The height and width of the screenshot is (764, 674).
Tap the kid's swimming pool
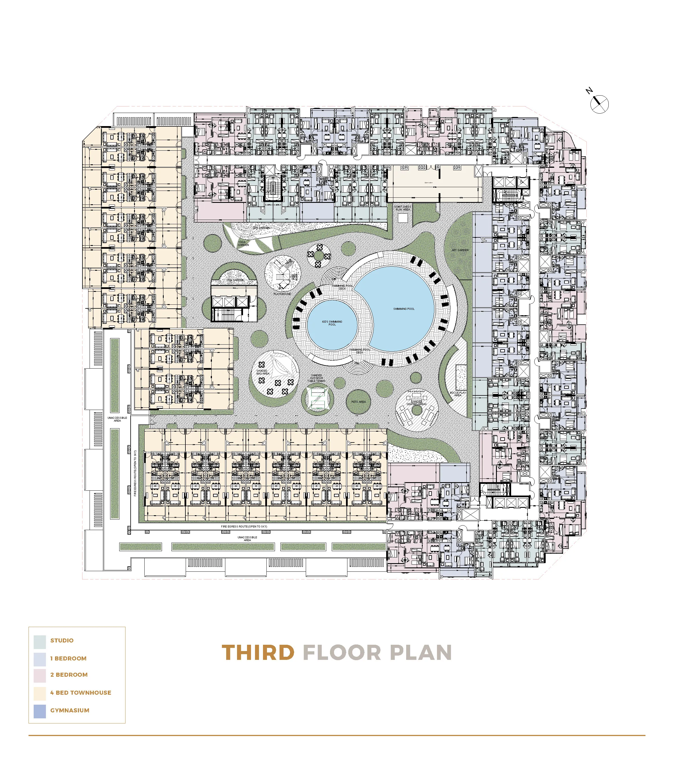[332, 324]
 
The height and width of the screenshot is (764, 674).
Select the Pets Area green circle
[358, 402]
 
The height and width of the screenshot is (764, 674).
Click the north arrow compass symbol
[599, 104]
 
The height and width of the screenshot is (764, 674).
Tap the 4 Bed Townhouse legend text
[81, 693]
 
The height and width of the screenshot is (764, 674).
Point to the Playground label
[282, 294]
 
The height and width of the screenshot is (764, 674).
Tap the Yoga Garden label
[243, 243]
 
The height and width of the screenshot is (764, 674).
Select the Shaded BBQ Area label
[262, 372]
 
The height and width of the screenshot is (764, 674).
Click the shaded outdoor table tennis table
[317, 398]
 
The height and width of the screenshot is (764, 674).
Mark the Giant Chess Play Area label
[402, 208]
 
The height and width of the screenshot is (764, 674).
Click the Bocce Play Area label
[458, 394]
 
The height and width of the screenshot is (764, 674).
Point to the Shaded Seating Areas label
[416, 403]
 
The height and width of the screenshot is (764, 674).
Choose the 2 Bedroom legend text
[69, 675]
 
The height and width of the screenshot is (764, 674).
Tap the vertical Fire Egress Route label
[135, 473]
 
